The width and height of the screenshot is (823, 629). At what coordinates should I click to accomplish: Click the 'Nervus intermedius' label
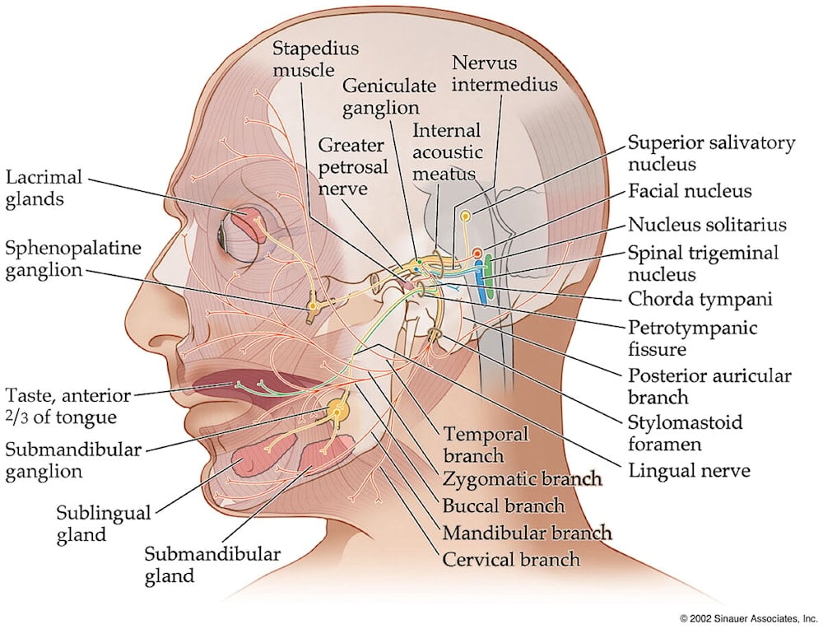coord(504,72)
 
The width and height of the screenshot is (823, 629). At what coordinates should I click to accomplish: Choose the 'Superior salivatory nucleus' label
coord(712,153)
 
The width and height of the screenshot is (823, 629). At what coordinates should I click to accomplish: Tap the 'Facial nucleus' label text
coord(690,191)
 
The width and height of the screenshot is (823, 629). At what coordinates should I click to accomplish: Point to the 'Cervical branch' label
coord(511,559)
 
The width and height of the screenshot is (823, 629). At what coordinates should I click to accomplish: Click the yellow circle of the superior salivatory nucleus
coord(466,217)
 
